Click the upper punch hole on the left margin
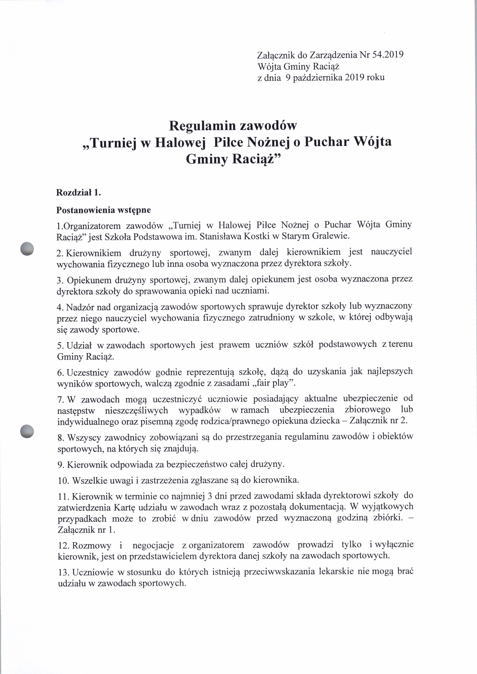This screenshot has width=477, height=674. pos(27,249)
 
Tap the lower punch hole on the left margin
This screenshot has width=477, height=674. pos(27,431)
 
